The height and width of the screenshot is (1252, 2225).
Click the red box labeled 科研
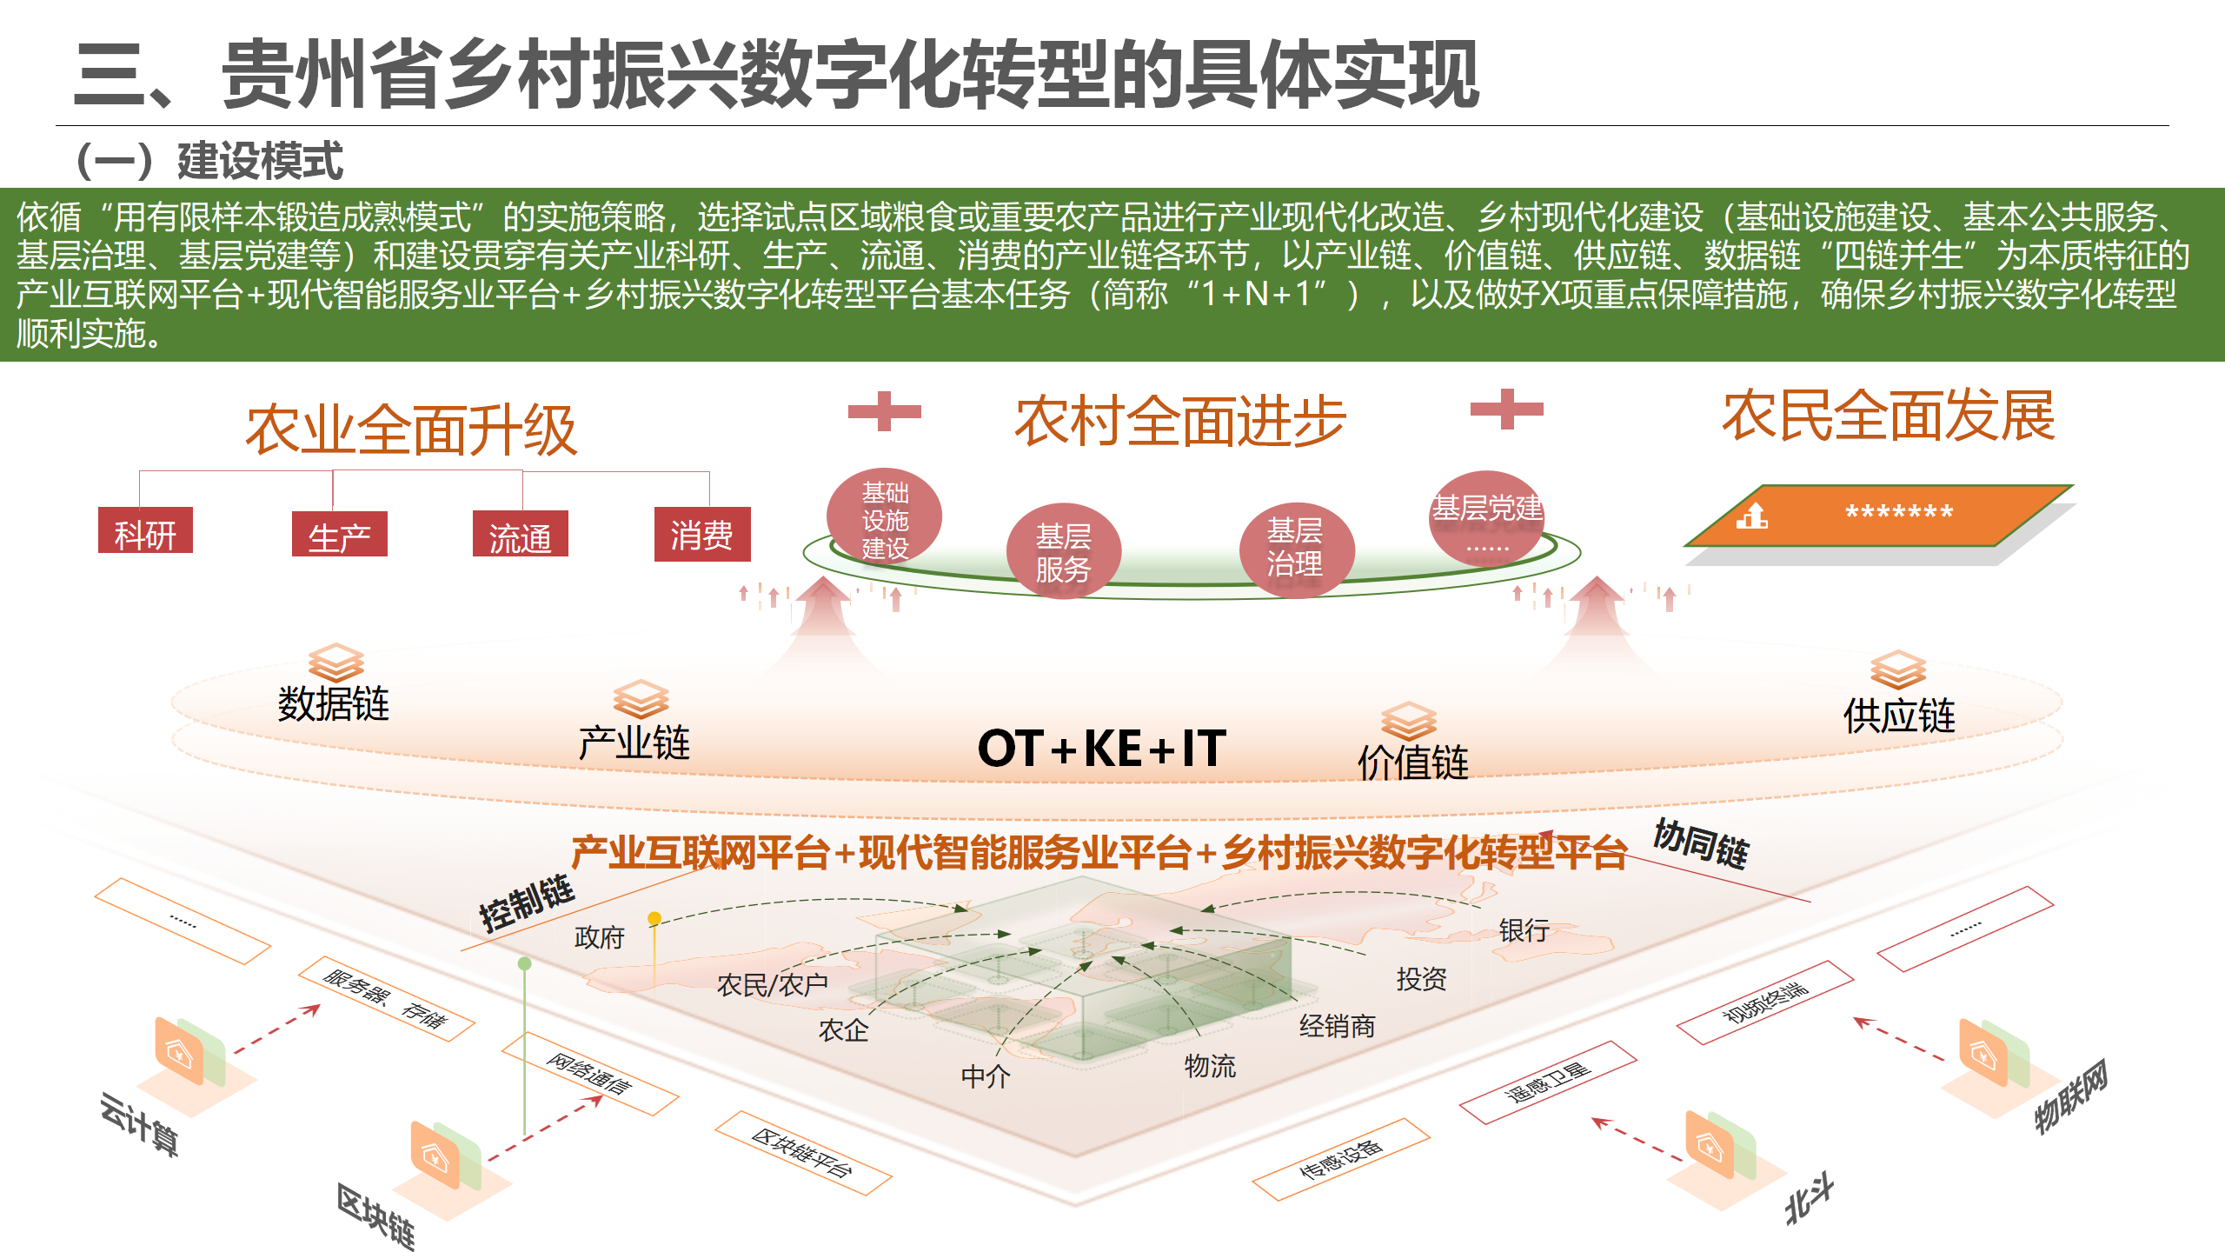tap(145, 530)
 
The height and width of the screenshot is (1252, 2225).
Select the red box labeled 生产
tap(339, 534)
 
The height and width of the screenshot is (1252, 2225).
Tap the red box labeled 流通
tap(520, 534)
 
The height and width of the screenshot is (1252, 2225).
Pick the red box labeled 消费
tap(702, 534)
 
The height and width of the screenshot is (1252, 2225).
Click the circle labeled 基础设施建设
tap(885, 519)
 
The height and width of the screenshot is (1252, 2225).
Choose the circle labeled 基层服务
tap(1064, 551)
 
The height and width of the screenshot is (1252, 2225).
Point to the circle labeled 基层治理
tap(1296, 549)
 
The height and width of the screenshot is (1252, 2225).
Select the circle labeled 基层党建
tap(1487, 519)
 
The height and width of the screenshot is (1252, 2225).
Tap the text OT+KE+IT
tap(1102, 748)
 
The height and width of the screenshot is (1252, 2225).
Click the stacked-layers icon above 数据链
tap(336, 663)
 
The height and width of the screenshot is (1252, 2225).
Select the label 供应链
tap(1900, 716)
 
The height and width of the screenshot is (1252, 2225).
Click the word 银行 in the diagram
tap(1524, 930)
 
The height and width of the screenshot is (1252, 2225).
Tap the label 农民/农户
tap(772, 984)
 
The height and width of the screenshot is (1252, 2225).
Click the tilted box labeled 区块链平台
tap(803, 1153)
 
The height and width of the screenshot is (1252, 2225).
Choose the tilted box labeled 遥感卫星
tap(1548, 1082)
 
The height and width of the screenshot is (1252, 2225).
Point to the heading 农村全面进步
tap(1181, 421)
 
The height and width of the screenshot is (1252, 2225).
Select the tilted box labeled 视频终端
tap(1765, 1002)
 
